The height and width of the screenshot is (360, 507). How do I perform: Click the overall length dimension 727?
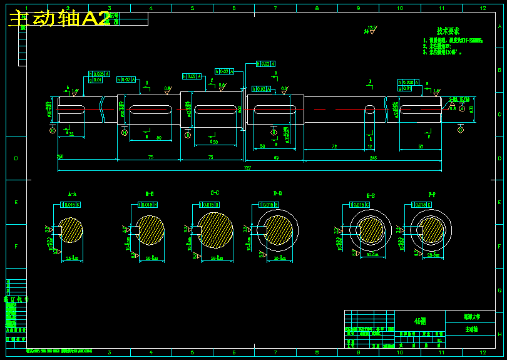tap(248, 168)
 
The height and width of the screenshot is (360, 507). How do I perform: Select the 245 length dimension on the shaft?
tap(373, 158)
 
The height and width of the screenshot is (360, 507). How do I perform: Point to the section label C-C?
tap(215, 192)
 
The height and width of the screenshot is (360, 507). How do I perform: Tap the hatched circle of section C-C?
tap(215, 229)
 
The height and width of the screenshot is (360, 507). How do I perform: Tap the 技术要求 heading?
tap(448, 31)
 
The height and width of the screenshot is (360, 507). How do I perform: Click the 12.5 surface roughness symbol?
tap(372, 29)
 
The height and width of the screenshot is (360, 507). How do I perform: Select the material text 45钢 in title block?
tap(420, 321)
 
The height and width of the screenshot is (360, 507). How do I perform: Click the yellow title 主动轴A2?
tap(59, 19)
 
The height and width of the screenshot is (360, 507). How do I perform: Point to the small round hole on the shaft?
tap(370, 110)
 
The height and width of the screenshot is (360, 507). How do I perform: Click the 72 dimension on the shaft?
tap(334, 147)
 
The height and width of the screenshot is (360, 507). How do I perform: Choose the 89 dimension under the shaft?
tap(276, 158)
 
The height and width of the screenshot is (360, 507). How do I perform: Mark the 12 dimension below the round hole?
tap(370, 147)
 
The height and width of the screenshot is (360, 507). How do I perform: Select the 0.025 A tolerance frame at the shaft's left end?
tap(99, 74)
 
